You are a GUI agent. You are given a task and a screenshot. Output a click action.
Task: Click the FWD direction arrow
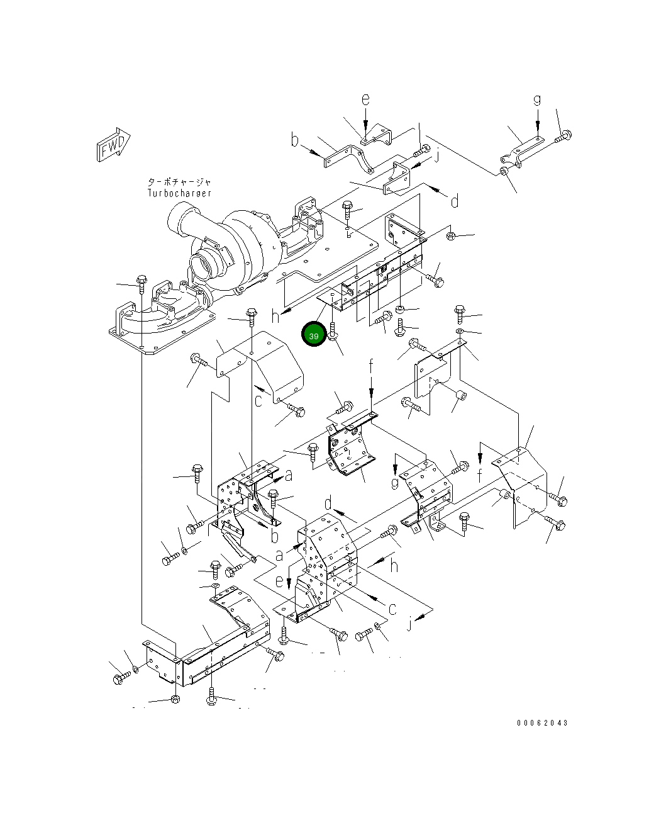pos(113,145)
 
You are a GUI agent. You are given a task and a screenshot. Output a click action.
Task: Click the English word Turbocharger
pos(179,193)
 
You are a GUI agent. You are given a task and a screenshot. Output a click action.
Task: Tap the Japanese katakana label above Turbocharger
pos(179,182)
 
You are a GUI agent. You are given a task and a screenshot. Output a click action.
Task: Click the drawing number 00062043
pos(542,722)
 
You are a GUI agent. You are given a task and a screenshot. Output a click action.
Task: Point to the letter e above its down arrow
pos(365,99)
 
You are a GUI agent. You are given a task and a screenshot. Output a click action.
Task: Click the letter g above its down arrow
pos(537,100)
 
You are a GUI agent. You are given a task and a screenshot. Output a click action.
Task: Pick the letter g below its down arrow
pos(395,483)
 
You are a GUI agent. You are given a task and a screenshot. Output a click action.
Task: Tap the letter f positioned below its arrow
pos(480,475)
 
